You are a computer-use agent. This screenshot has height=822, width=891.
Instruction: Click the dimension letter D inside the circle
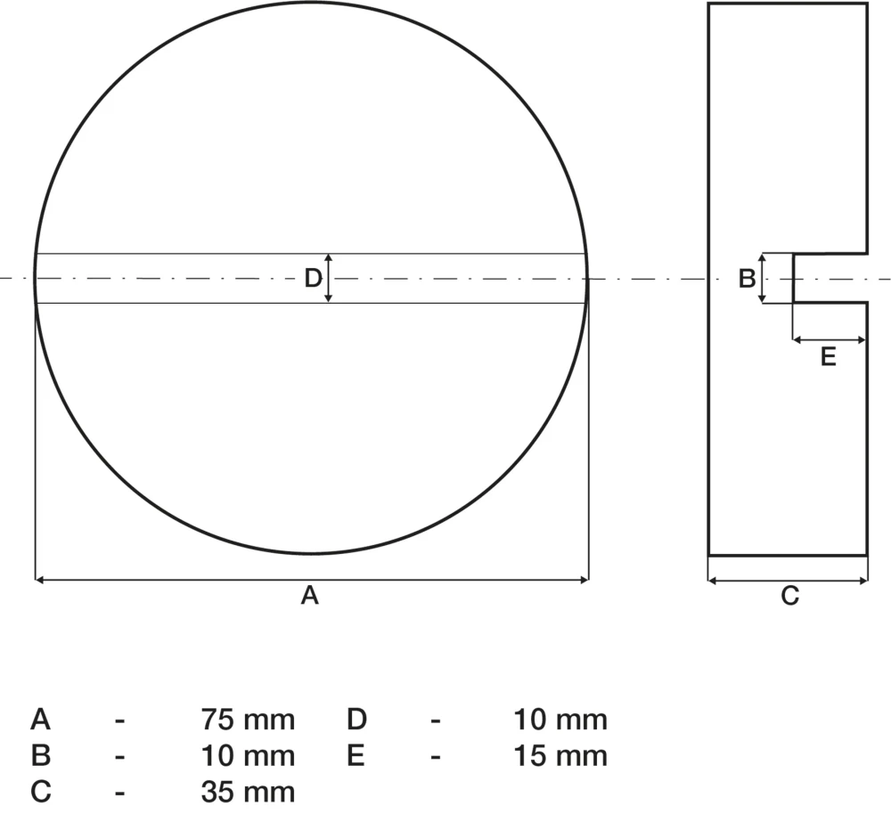coord(313,279)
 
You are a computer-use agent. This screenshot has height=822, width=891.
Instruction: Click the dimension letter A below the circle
coord(310,595)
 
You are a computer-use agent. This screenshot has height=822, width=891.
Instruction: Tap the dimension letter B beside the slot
coord(747,279)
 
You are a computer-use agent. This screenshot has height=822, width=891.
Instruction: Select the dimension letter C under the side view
coord(789,596)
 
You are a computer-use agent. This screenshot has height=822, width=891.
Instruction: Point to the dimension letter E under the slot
coord(829,357)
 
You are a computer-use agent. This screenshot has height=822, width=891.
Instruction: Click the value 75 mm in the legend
coord(248,720)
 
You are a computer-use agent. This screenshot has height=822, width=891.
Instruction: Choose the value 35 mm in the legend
coord(248,792)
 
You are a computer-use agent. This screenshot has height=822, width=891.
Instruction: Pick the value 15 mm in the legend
coord(560,756)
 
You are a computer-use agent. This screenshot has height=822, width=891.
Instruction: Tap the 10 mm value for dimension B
coord(248,756)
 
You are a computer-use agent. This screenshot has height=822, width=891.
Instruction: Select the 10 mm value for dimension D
coord(560,720)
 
